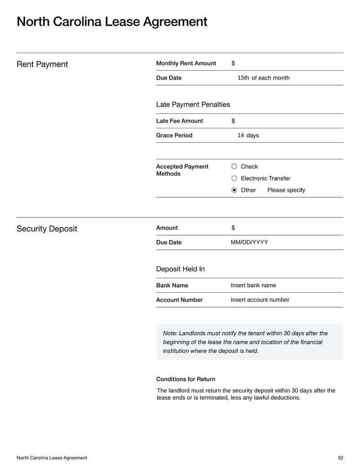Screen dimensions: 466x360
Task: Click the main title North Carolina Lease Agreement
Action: [112, 22]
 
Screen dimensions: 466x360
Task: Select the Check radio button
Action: [234, 167]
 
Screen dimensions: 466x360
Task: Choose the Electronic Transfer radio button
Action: [234, 178]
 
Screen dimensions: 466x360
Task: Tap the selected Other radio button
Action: [234, 190]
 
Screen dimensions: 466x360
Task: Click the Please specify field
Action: [286, 190]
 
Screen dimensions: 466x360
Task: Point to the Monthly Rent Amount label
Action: [186, 63]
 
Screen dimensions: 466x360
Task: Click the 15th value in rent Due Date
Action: [243, 78]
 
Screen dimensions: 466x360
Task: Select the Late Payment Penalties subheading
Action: [193, 104]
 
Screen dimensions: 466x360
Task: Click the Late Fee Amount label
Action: [179, 121]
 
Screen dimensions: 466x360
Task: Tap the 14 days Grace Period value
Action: [248, 135]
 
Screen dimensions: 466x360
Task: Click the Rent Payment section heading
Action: [42, 64]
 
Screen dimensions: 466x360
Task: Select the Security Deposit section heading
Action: [47, 229]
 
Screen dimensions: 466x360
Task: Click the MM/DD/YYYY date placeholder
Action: [249, 242]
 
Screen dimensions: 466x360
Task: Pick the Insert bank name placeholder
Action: [253, 285]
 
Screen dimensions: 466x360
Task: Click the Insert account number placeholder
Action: [260, 300]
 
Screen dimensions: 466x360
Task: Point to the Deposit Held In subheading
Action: [180, 269]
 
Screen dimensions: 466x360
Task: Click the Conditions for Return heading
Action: [185, 379]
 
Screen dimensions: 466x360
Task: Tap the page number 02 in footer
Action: [340, 458]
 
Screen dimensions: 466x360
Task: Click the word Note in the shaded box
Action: [170, 333]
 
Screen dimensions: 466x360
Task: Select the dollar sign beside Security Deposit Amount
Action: [233, 228]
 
